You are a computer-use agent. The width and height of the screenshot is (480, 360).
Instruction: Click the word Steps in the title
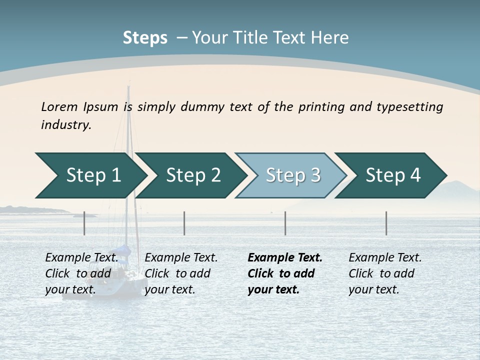pyautogui.click(x=145, y=38)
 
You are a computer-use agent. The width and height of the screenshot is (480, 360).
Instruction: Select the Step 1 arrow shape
pyautogui.click(x=90, y=175)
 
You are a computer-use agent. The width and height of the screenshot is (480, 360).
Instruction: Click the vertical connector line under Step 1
pyautogui.click(x=84, y=223)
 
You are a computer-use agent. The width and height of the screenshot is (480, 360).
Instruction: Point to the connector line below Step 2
pyautogui.click(x=184, y=223)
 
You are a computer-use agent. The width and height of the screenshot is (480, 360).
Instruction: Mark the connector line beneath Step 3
pyautogui.click(x=285, y=223)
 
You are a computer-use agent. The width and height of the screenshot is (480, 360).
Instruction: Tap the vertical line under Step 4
pyautogui.click(x=386, y=223)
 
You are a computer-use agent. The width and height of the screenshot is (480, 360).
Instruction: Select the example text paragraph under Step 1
pyautogui.click(x=81, y=273)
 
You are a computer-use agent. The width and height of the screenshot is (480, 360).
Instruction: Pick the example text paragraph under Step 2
pyautogui.click(x=181, y=273)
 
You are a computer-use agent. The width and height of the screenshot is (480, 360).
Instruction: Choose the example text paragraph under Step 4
pyautogui.click(x=385, y=273)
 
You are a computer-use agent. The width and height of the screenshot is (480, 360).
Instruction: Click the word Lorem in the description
pyautogui.click(x=59, y=107)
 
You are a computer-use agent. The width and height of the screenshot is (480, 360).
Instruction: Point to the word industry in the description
pyautogui.click(x=66, y=125)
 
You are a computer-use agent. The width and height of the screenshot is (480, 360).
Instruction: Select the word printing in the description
pyautogui.click(x=322, y=107)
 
